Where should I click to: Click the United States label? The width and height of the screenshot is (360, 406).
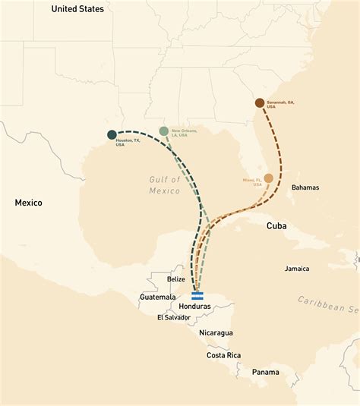[77, 9]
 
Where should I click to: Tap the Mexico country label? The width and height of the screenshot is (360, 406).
[29, 203]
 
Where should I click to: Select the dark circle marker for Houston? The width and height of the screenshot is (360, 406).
[112, 135]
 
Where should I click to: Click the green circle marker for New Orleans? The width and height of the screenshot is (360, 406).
[164, 131]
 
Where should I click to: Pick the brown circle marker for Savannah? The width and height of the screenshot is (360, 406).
[260, 102]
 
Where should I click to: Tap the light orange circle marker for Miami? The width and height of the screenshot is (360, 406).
[268, 178]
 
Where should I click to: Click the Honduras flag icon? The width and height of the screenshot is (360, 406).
[197, 296]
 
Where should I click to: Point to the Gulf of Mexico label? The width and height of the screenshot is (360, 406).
[166, 184]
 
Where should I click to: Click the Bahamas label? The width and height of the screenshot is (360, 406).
[305, 187]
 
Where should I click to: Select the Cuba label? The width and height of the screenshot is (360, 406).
[276, 226]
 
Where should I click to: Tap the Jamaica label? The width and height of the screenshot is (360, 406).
[297, 269]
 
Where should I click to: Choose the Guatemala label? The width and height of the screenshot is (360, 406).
[157, 297]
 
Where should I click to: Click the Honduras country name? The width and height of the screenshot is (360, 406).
[194, 307]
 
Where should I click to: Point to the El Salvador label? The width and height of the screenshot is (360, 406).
[175, 317]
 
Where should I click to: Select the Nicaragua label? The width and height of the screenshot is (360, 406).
[216, 333]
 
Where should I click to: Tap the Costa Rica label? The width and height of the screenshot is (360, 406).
[224, 355]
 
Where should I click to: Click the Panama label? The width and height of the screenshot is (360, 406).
[266, 372]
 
